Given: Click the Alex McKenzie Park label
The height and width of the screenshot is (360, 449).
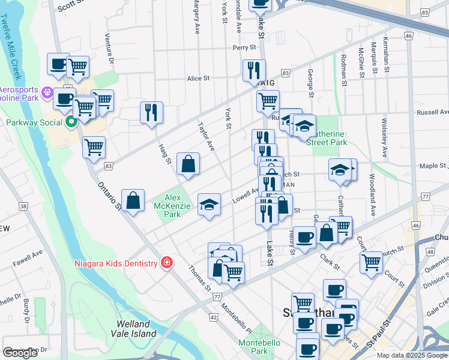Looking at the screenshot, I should [x=172, y=206].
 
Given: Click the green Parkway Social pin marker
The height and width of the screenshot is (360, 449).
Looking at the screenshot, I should [x=72, y=122].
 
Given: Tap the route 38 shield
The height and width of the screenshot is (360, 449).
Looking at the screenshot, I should [x=23, y=206].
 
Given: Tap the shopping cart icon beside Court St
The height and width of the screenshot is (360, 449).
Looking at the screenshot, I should [x=371, y=262].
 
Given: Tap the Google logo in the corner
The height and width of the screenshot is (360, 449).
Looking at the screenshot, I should [x=20, y=353].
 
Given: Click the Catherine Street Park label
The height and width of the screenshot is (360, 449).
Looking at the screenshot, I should [x=327, y=137].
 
